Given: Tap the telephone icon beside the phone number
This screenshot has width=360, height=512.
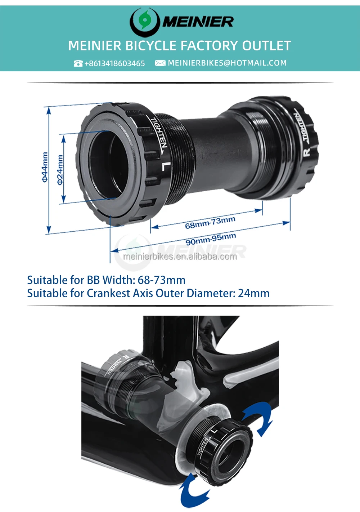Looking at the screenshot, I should pos(78,63).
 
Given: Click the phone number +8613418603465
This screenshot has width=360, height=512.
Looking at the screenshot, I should pos(114,63).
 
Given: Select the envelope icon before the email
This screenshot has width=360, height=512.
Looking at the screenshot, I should pos(160,63).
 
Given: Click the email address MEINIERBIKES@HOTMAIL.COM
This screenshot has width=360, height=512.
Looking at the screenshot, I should pos(227,63).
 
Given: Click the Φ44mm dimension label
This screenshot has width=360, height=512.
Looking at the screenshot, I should pos(45,167).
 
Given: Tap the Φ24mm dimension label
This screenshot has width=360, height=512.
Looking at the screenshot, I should pos(60,169).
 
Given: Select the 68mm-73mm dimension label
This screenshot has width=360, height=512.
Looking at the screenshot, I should pos(210,223).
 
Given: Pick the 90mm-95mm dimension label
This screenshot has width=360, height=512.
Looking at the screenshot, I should pos(211,239).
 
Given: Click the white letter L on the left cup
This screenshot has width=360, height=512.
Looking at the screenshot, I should pos(165,166).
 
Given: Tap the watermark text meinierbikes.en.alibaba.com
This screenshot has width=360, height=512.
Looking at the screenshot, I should pos(180,257).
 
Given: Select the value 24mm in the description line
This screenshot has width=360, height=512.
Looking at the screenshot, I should pos(253,293).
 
